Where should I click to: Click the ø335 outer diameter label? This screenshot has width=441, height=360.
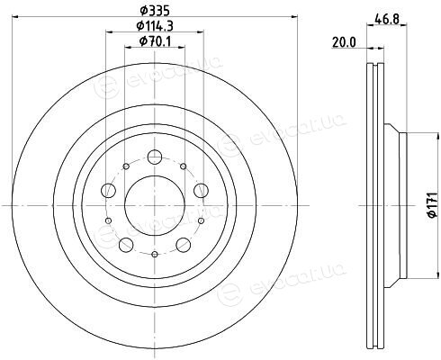(155, 11)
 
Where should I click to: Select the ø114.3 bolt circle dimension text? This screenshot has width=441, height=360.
(155, 26)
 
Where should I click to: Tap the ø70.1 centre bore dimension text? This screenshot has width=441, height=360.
(156, 40)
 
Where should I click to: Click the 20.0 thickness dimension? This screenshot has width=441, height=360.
(344, 42)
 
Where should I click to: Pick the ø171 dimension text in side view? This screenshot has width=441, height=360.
(431, 206)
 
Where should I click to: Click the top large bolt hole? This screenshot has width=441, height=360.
(155, 157)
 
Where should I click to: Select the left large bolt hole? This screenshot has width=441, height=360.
(109, 191)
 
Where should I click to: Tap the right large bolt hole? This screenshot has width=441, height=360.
(201, 191)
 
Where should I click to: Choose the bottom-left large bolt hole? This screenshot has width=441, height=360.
(126, 245)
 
